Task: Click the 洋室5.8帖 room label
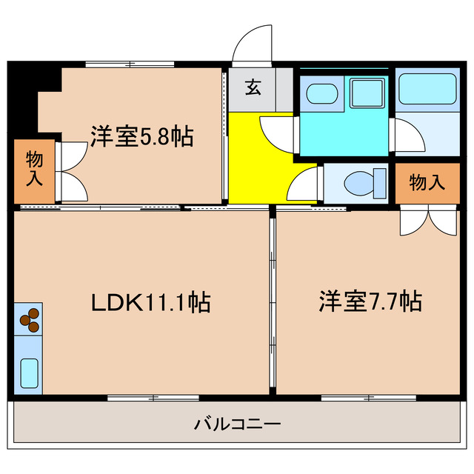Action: [x=142, y=136]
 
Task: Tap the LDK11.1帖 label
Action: [x=150, y=302]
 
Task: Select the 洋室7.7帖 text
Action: [x=370, y=302]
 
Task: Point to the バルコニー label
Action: [x=237, y=424]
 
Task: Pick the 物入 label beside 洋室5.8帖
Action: [x=34, y=169]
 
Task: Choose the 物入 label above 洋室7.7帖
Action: [x=427, y=183]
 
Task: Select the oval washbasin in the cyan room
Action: [x=321, y=93]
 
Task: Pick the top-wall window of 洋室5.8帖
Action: [x=130, y=64]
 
